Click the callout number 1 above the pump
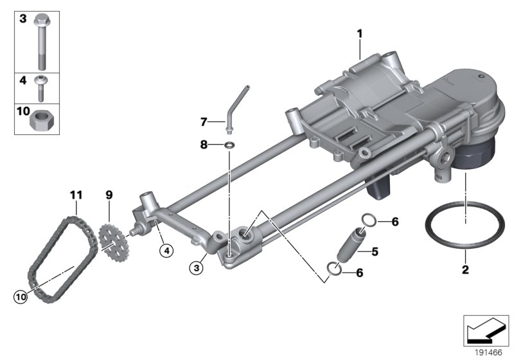360,33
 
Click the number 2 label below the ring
466,269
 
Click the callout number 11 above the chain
76,194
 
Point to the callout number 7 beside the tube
204,121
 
